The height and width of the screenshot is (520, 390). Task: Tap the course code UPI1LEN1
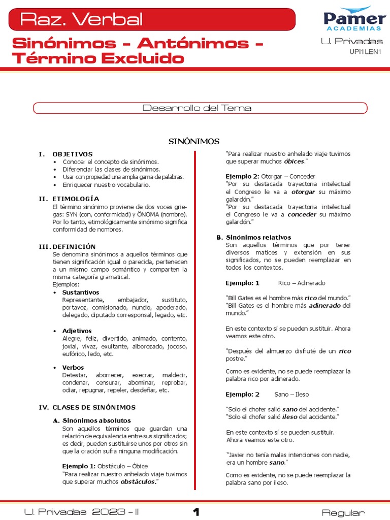(x=366, y=51)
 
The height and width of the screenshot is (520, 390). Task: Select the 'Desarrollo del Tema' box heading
(x=197, y=108)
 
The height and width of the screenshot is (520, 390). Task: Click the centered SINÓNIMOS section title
(x=194, y=141)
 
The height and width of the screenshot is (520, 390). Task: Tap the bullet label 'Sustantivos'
(x=80, y=292)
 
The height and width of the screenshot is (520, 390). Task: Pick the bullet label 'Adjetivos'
(x=77, y=331)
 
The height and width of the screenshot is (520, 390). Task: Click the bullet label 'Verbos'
(x=73, y=367)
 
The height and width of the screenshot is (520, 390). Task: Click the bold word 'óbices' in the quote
(x=294, y=161)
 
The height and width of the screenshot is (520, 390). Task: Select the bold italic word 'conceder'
(x=302, y=214)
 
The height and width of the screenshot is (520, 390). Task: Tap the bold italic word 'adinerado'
(x=325, y=306)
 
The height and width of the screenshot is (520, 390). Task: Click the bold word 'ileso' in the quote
(x=290, y=417)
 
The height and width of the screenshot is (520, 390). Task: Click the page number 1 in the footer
(x=196, y=512)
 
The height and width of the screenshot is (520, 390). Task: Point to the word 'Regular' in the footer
(x=343, y=513)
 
